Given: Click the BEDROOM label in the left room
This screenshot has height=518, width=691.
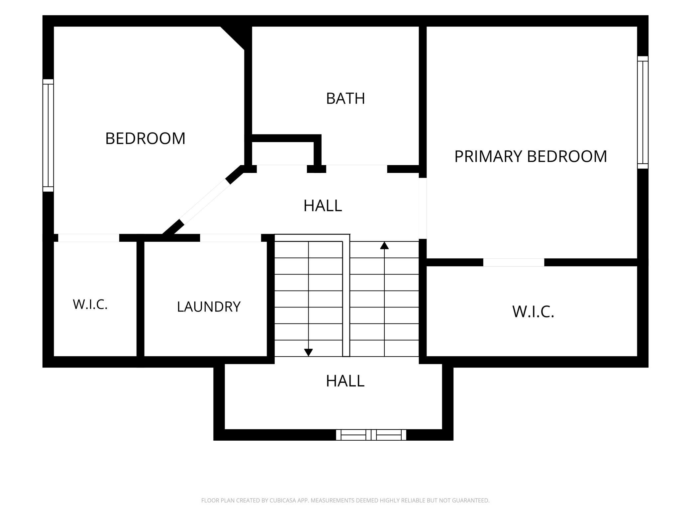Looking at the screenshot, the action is [x=145, y=138].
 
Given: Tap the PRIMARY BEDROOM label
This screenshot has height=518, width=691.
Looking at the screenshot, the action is [x=531, y=156].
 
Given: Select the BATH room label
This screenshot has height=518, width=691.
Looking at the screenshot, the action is [x=345, y=98].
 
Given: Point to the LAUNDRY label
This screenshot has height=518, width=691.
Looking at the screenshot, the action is [x=209, y=306].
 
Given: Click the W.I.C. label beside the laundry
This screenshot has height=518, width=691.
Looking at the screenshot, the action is [x=90, y=304].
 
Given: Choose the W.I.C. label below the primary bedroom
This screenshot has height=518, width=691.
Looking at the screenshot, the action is [x=533, y=311].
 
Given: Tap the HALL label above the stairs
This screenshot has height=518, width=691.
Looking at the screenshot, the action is [x=323, y=206].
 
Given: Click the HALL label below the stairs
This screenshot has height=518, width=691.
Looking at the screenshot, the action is [x=345, y=381].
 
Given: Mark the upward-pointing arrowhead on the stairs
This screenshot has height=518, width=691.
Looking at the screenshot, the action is [x=384, y=245].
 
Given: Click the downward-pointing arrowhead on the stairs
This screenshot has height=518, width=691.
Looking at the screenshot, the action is [x=308, y=353].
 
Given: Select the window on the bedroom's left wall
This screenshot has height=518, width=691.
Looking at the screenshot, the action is [x=48, y=135].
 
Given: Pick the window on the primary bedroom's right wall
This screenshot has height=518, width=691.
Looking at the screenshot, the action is [x=643, y=112].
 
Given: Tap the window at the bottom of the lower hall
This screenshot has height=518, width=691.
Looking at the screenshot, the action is [x=371, y=435].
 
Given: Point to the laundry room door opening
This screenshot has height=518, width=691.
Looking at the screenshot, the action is [x=231, y=238].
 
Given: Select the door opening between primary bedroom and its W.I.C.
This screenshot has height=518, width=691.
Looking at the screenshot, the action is [x=514, y=262].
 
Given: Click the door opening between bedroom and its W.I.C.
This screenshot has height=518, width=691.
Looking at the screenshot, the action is [x=89, y=238].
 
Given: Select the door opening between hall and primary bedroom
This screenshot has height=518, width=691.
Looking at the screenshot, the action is [x=423, y=208].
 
